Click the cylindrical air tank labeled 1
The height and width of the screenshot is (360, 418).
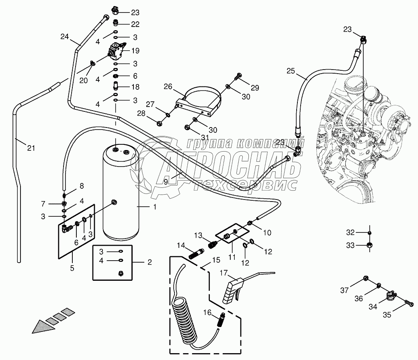tap(121, 193)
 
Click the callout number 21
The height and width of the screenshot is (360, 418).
tap(31, 148)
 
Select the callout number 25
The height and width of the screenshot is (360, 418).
tap(291, 72)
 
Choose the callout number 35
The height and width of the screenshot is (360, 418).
tap(387, 315)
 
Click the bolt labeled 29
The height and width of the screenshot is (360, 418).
tap(239, 75)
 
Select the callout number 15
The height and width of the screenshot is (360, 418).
tap(216, 260)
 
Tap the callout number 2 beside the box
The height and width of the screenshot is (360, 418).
tap(150, 262)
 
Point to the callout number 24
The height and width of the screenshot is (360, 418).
tap(65, 37)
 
